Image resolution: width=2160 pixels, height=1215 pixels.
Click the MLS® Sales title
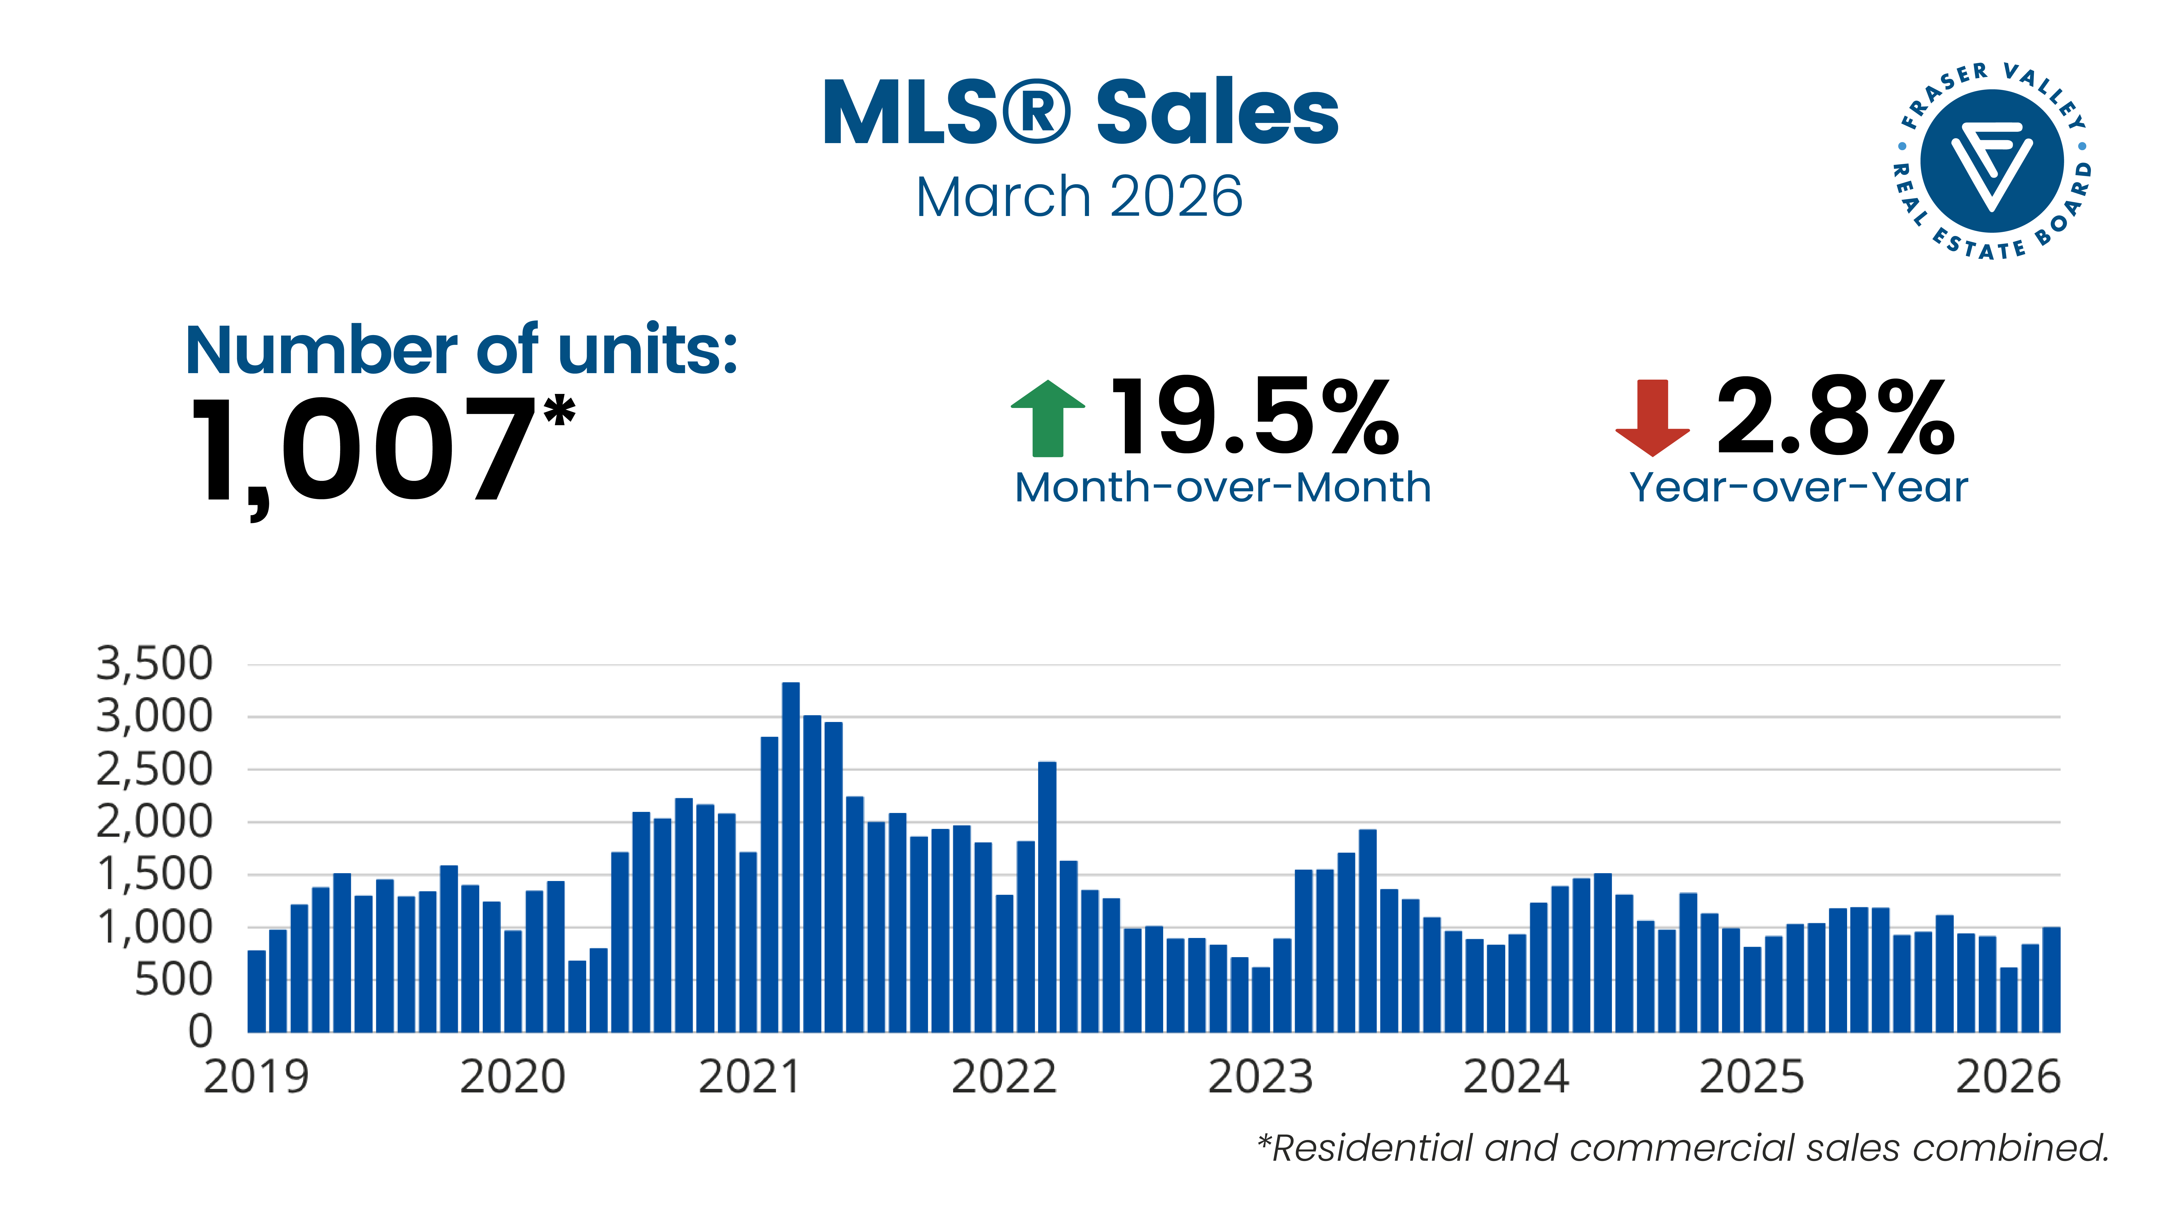pyautogui.click(x=1080, y=113)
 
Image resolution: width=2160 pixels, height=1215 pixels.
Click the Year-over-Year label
pyautogui.click(x=1798, y=488)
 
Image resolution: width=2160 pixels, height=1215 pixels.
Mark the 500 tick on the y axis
pyautogui.click(x=174, y=979)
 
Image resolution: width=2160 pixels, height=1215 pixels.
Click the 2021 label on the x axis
pyautogui.click(x=749, y=1077)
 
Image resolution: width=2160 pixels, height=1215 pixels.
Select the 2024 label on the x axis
pyautogui.click(x=1515, y=1077)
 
